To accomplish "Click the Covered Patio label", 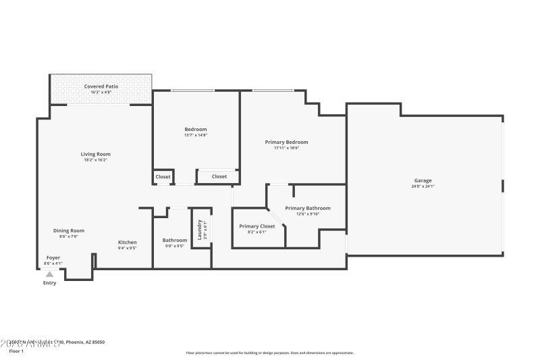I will pos(101,86).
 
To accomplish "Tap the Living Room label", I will pos(95,154).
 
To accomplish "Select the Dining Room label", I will pos(69,230).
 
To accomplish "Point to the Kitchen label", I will pos(128,242).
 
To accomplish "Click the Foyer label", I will pos(53,257).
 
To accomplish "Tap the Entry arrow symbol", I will pos(49,274).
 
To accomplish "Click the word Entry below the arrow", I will pos(50,283).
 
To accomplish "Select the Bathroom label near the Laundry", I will pos(174,240).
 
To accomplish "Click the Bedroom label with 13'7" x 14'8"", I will pos(196,129).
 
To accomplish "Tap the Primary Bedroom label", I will pos(286,142).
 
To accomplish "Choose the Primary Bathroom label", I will pos(308,208).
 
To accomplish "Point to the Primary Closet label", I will pos(257,226).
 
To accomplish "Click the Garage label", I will pos(423,180).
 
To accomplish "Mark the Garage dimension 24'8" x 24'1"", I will pos(423,186).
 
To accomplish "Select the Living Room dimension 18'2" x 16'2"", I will pos(95,160).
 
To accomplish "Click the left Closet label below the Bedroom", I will pos(163,176).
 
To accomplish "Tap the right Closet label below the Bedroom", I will pos(219,176).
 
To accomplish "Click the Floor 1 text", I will pos(16,351).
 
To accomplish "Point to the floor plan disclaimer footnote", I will pos(269,353).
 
